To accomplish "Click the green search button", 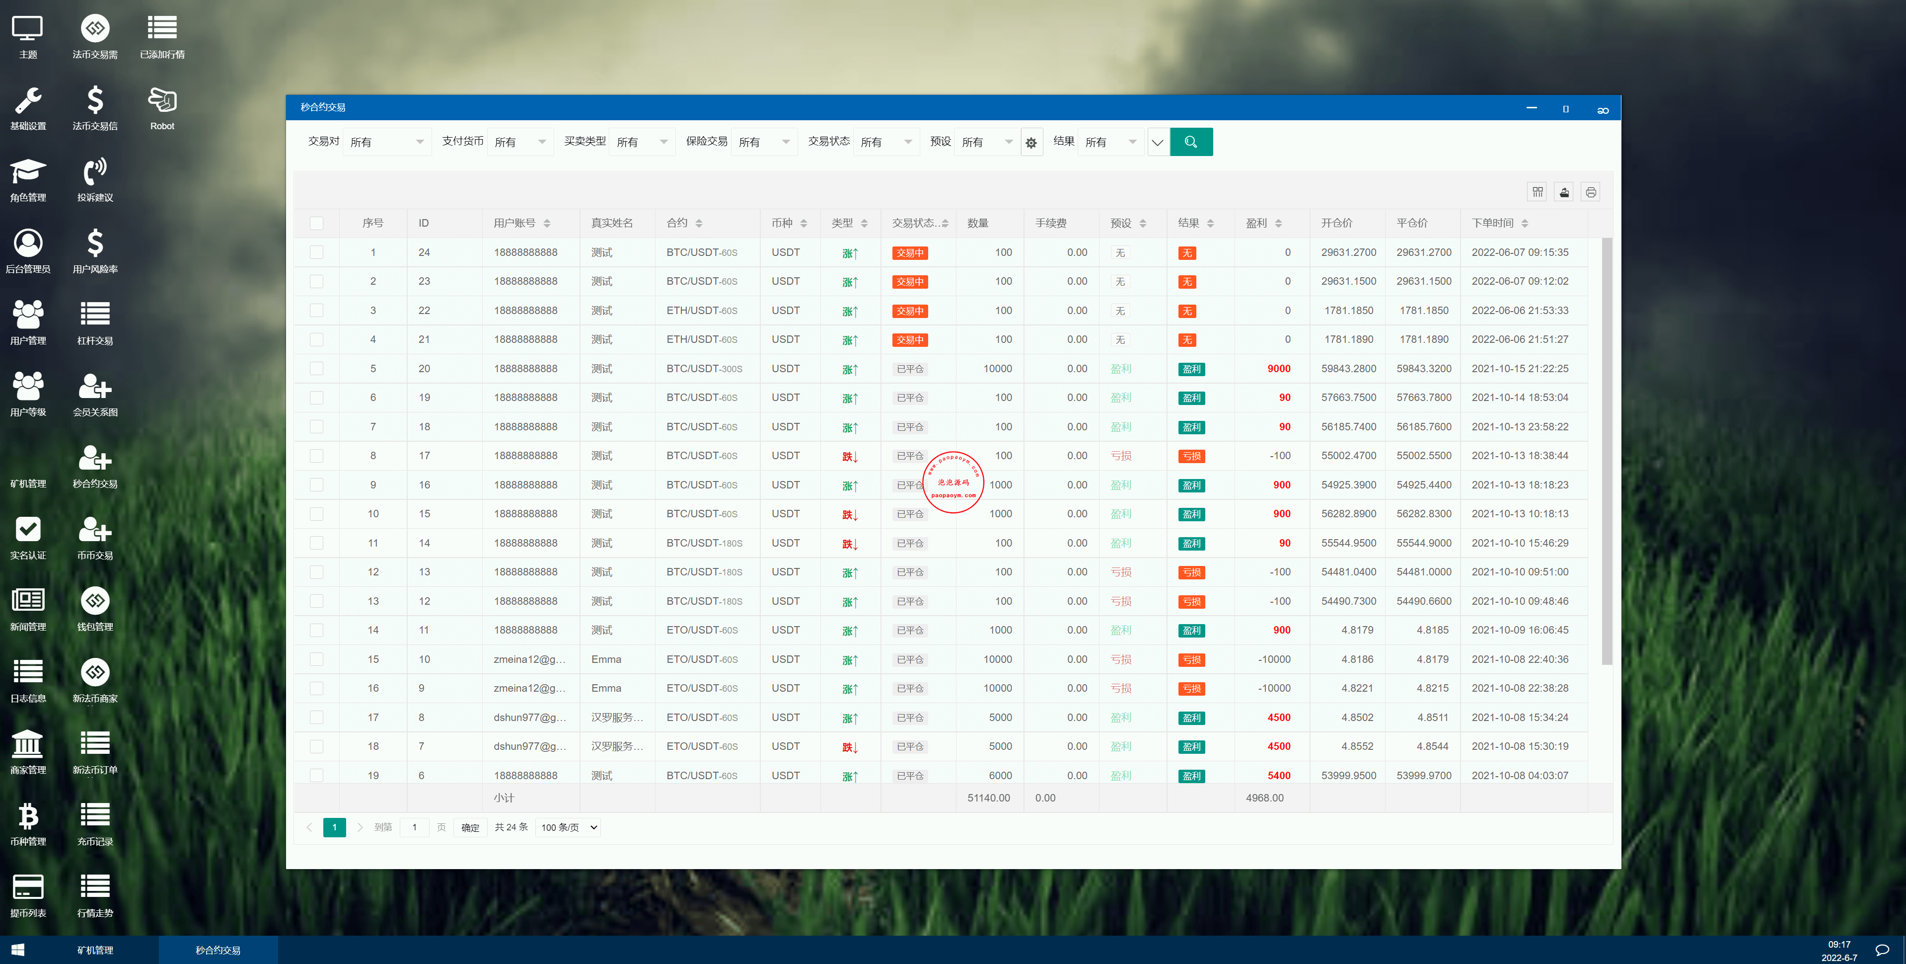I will [x=1190, y=142].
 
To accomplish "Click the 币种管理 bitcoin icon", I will [x=28, y=816].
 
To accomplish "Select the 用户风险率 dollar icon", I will [x=95, y=243].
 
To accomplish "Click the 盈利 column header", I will [x=1256, y=223].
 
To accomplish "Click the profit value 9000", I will [x=1279, y=369].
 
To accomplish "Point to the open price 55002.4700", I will [x=1348, y=455].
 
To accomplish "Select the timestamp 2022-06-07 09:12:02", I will [x=1520, y=281].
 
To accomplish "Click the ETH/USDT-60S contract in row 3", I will [x=701, y=310].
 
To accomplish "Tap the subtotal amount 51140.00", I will [x=989, y=798].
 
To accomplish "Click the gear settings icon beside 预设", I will [x=1030, y=142].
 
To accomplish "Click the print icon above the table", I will [x=1591, y=192].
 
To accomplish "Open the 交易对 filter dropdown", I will [x=386, y=142].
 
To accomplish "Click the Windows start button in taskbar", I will [x=18, y=950].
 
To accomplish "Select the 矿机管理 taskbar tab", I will [x=95, y=950].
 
